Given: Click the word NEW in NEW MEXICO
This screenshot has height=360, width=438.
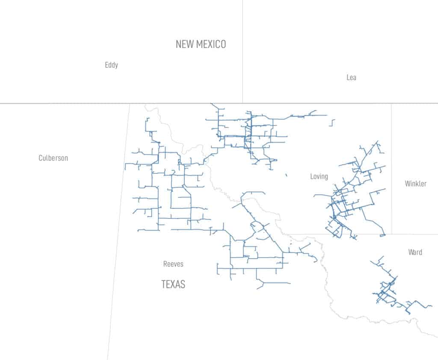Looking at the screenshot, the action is (185, 44).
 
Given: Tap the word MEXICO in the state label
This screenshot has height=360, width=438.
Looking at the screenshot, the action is (211, 44).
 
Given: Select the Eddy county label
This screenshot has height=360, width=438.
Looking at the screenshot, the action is (111, 65).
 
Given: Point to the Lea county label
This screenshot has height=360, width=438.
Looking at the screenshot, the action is (351, 77).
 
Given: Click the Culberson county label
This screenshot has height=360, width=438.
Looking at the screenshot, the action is (53, 158).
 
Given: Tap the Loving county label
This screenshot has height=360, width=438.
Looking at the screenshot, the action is (319, 176).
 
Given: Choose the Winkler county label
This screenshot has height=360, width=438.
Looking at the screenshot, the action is (415, 184).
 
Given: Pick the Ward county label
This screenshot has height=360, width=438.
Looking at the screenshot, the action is (415, 252).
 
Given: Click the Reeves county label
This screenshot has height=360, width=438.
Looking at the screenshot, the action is (173, 264).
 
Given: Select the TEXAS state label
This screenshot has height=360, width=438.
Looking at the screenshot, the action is (173, 284).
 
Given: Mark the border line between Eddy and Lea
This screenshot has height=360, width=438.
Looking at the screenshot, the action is (243, 51).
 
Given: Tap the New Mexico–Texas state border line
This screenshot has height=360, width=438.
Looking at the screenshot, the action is (64, 103).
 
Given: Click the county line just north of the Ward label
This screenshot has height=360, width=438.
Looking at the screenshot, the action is (411, 234).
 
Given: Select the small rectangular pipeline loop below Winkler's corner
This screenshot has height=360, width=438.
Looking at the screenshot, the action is (383, 235).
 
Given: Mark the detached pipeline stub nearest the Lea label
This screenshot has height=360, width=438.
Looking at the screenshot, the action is (332, 123).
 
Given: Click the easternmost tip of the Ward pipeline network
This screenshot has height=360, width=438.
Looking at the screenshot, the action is (432, 307).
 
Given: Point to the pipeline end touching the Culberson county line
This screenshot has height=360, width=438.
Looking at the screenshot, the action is (125, 167).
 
